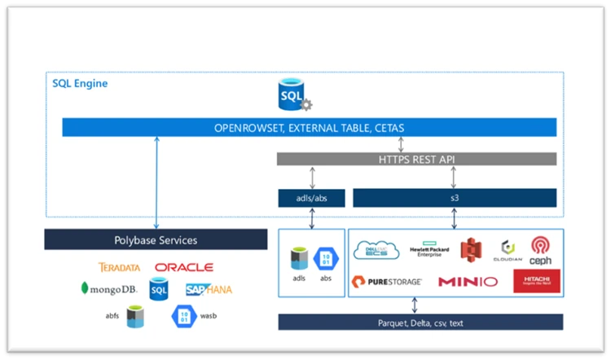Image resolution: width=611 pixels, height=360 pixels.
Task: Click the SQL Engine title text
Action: point(80,83)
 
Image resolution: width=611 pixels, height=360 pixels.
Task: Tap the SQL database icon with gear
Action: point(291,98)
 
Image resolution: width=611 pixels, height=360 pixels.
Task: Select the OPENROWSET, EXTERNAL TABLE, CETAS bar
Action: point(310,128)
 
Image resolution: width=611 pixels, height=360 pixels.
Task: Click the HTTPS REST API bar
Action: point(416,159)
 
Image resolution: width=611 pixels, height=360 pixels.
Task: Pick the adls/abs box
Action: point(311,197)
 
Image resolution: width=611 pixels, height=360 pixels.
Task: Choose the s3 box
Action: point(454,197)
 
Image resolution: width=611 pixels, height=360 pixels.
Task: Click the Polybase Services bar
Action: point(156,239)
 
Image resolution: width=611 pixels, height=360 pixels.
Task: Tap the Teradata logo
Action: point(119,267)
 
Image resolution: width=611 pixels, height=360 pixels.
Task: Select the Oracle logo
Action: point(184,267)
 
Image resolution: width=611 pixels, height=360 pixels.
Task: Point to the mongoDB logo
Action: point(109,288)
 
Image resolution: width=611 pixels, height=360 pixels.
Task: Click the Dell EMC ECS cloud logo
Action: point(376,251)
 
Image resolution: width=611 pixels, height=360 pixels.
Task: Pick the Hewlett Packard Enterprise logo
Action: point(430,251)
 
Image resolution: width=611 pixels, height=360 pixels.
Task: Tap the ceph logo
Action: point(541,249)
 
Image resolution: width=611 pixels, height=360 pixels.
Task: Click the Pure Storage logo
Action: point(386,282)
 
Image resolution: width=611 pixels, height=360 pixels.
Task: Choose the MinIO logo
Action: point(468,282)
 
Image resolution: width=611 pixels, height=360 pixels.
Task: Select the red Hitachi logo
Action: point(536,282)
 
